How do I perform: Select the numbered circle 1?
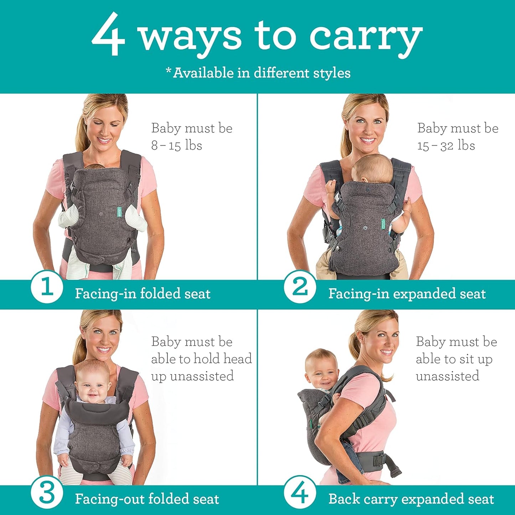47,287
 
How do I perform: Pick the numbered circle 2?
300,287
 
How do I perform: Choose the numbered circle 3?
47,493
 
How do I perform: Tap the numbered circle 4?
300,493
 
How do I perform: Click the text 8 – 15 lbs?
177,145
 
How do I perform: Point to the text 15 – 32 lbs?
446,145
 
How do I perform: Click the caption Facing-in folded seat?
143,294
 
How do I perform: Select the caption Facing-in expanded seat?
407,294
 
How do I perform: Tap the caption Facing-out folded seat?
147,499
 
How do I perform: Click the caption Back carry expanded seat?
411,499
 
